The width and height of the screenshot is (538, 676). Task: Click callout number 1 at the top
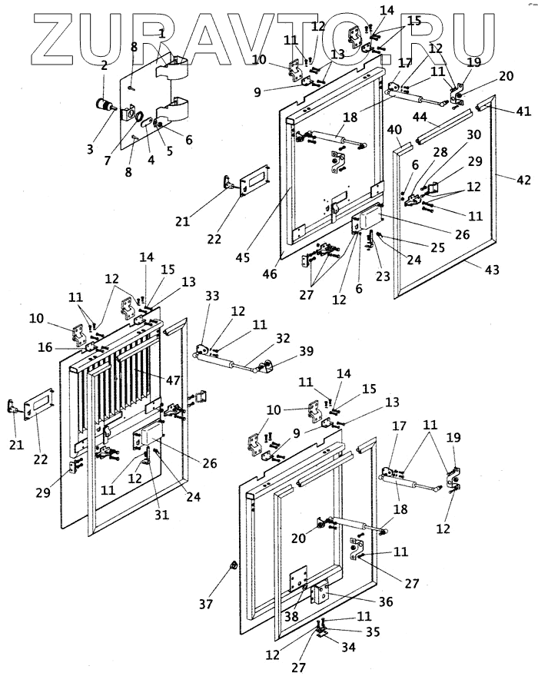tap(161, 35)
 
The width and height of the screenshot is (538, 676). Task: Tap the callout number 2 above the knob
tap(103, 66)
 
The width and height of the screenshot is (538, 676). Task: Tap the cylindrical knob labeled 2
tap(101, 104)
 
